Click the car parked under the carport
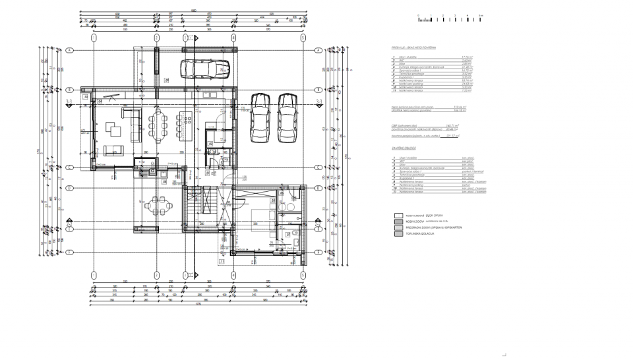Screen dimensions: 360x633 205,68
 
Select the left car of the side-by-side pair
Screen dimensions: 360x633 260,117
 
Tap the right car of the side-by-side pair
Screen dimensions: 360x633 287,117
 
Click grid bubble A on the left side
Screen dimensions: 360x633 69,50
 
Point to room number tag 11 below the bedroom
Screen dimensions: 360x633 222,261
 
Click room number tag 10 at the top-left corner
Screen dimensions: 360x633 86,97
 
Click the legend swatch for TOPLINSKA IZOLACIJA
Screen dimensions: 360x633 398,233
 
